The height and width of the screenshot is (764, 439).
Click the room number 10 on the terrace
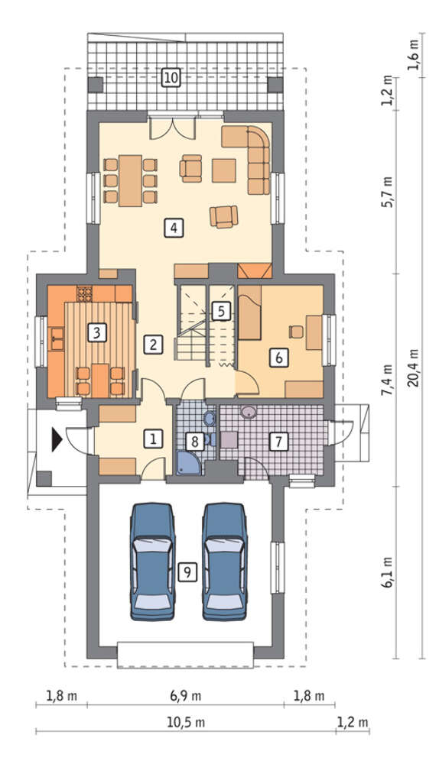click(x=171, y=77)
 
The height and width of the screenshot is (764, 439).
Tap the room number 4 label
click(x=174, y=228)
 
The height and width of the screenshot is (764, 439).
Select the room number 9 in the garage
click(x=187, y=571)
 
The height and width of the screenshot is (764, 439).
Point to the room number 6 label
click(x=278, y=357)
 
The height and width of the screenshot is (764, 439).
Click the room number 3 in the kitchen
click(x=96, y=333)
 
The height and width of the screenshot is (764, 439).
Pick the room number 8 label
click(x=194, y=442)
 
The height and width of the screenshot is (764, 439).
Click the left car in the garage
click(x=152, y=562)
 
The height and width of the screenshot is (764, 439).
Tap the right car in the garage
click(x=226, y=562)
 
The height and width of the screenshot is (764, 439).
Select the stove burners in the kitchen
click(x=85, y=294)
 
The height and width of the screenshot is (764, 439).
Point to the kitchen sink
click(x=57, y=338)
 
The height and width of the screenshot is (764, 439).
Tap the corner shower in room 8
click(x=189, y=462)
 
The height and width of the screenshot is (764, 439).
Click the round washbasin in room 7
click(x=249, y=413)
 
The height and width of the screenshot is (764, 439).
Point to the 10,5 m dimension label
click(x=186, y=723)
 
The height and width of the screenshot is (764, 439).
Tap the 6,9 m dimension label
click(x=186, y=696)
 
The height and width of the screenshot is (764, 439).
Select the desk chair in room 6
click(x=295, y=332)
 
